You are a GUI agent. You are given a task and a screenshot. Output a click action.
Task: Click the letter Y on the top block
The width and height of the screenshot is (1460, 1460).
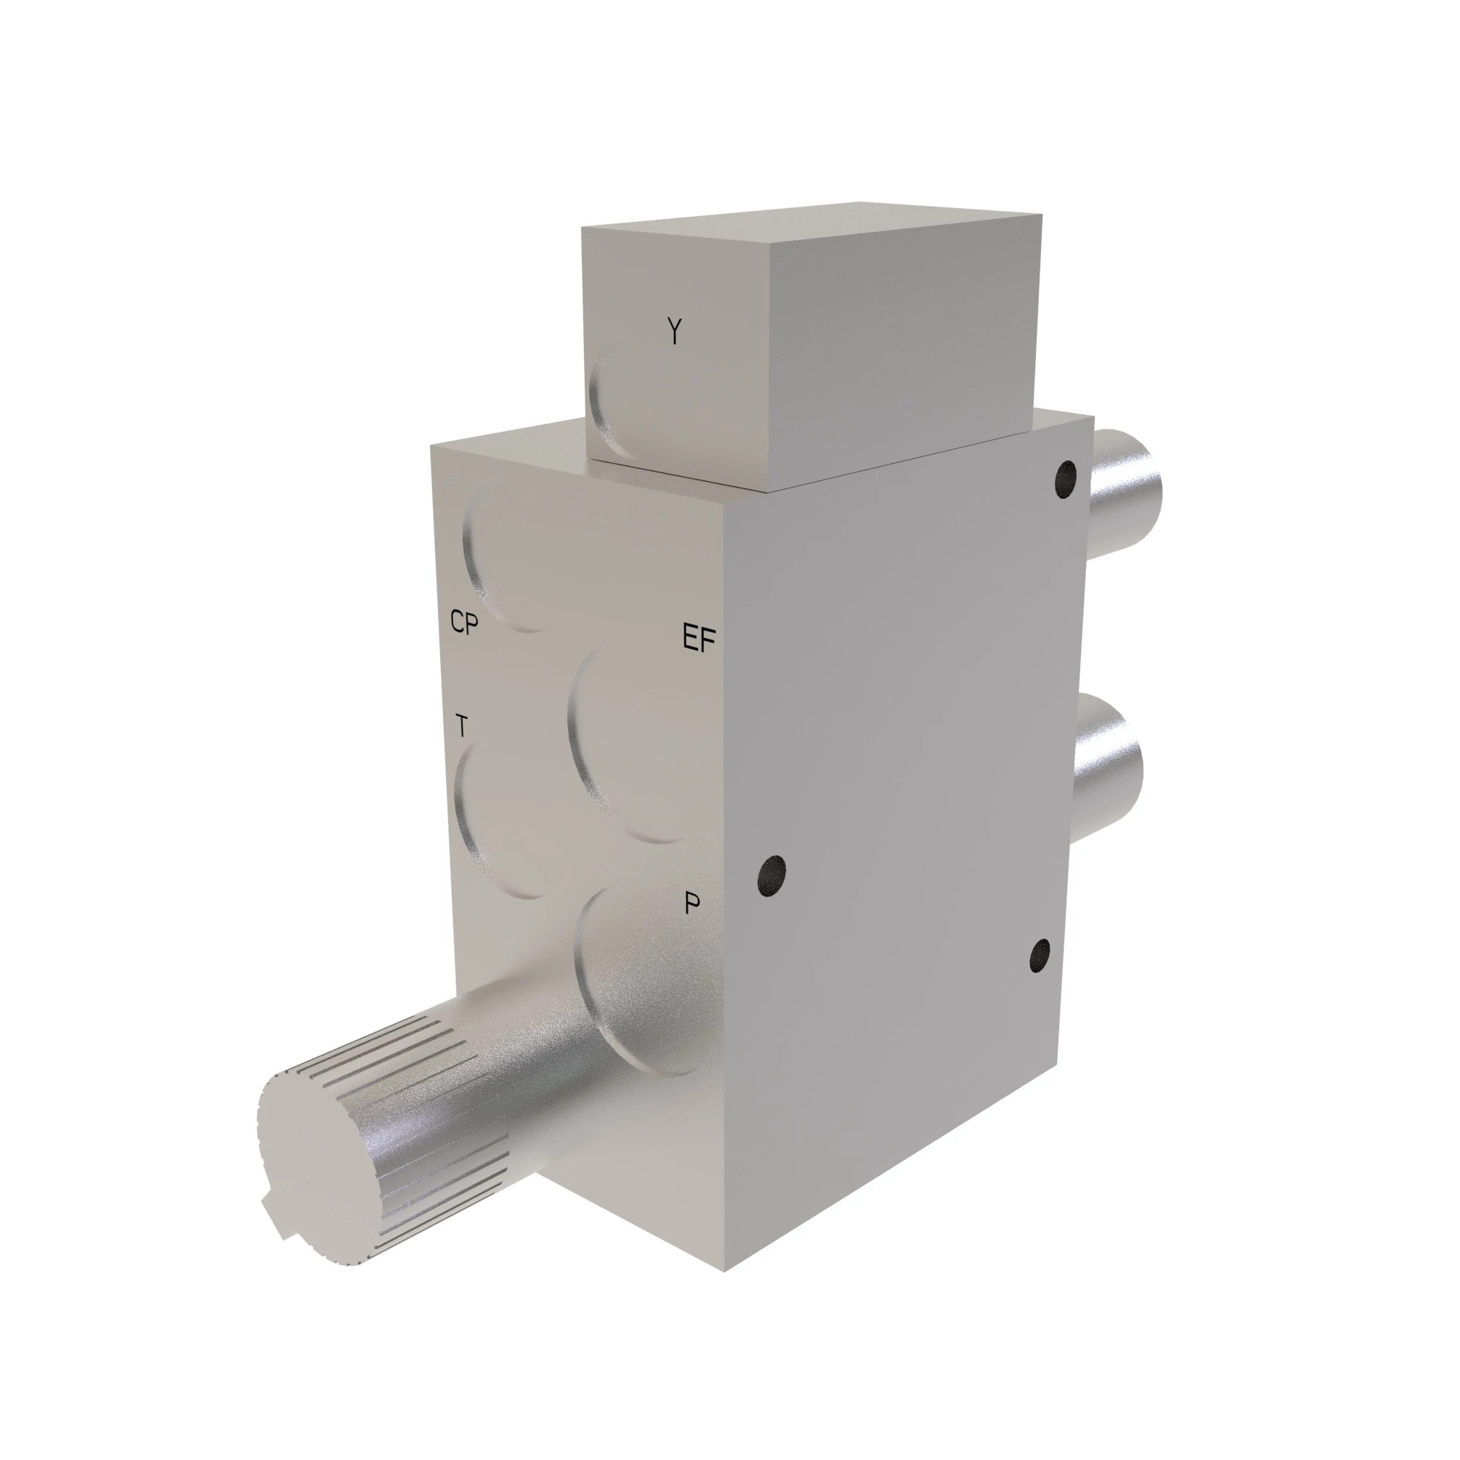[674, 331]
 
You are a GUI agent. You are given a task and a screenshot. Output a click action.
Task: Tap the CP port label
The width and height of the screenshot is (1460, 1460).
[464, 623]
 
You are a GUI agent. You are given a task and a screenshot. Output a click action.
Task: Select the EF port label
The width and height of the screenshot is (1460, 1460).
[699, 639]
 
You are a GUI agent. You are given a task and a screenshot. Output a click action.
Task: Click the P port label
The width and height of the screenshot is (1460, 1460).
[691, 904]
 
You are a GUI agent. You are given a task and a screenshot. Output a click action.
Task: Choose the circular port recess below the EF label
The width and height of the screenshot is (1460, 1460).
[635, 748]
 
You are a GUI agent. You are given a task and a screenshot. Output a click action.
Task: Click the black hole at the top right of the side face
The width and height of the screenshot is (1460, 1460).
[1065, 479]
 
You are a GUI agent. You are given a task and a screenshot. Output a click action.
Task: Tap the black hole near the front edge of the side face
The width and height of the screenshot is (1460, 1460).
[772, 877]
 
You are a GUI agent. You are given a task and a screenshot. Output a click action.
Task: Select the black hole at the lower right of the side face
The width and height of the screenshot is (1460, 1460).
[1040, 957]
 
